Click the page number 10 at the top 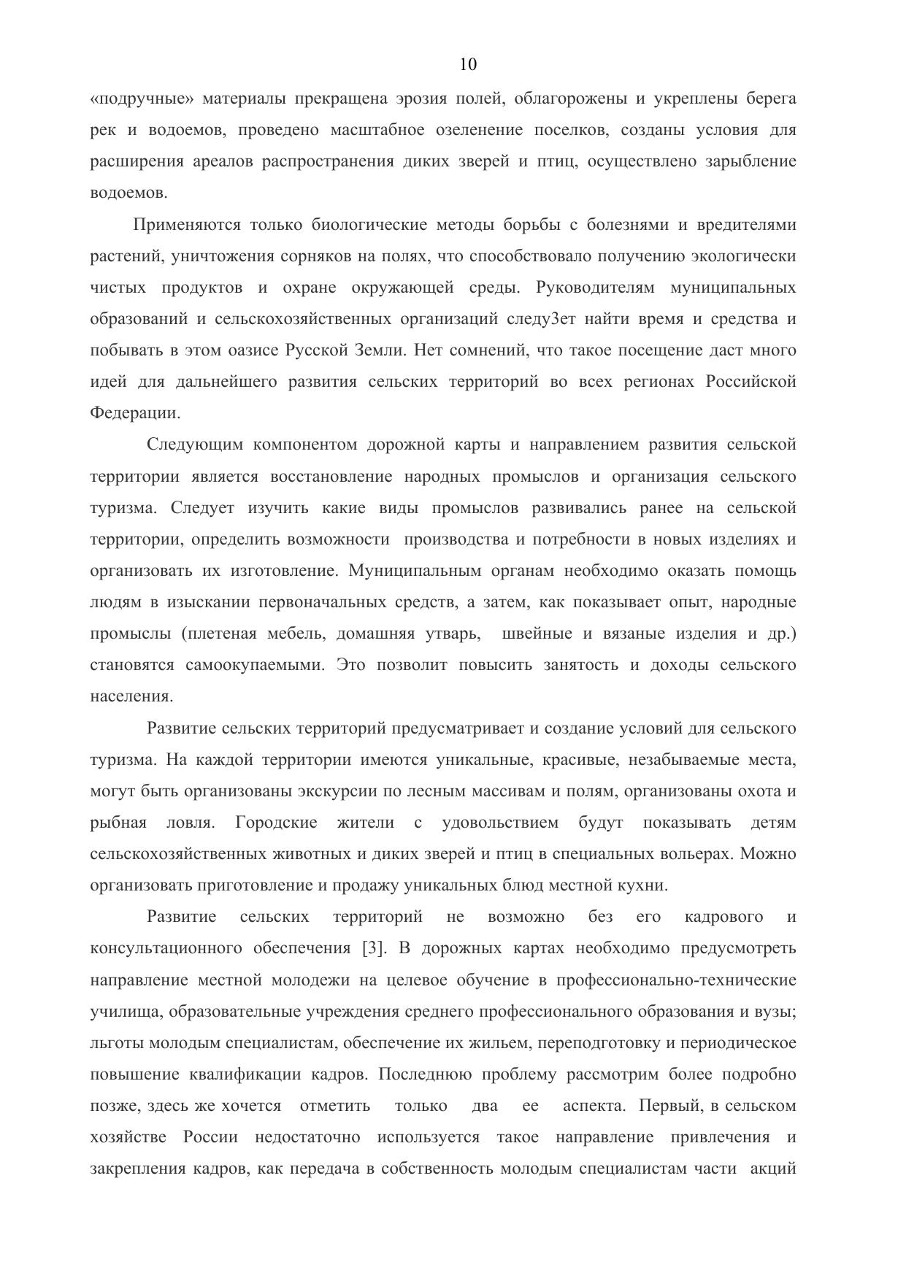pyautogui.click(x=468, y=65)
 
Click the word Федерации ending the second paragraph pyautogui.click(x=134, y=413)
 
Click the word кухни pyautogui.click(x=644, y=885)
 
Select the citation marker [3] pyautogui.click(x=373, y=948)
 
